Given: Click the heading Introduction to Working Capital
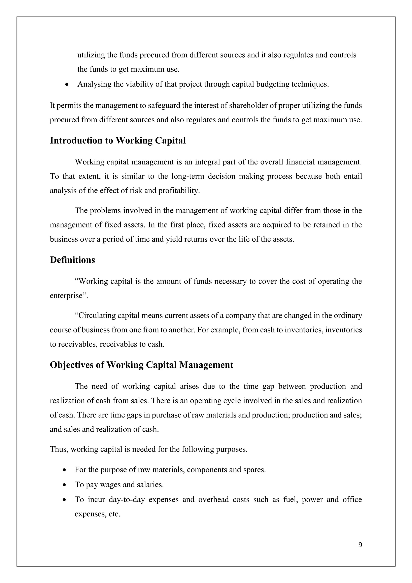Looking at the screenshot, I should click(118, 141).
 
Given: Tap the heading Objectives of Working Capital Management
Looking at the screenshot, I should click(141, 365).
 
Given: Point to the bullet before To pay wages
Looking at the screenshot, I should click(64, 485).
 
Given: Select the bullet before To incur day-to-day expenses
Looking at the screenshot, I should click(64, 500).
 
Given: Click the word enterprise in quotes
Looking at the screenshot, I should click(68, 296).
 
